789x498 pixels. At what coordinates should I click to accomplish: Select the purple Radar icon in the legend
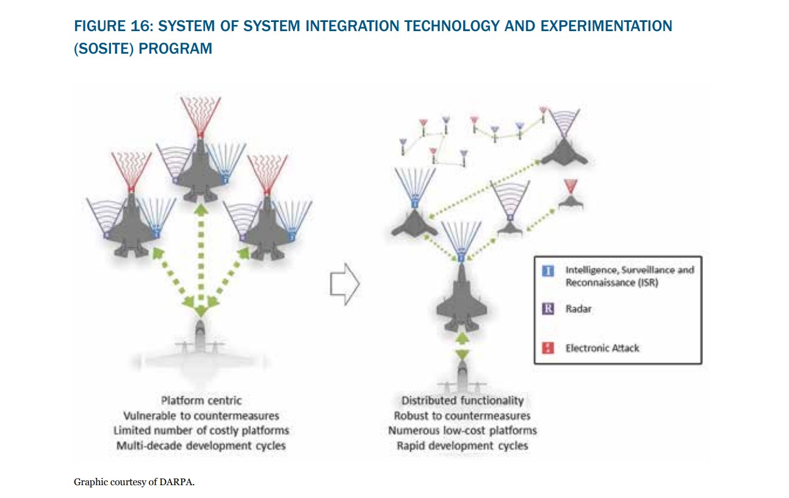tap(549, 309)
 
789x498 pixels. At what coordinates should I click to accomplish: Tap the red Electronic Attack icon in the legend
tap(549, 348)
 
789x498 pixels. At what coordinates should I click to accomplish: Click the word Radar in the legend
tap(578, 309)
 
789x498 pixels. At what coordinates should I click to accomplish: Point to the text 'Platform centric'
tap(201, 400)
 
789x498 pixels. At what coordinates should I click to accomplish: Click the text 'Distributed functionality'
tap(463, 400)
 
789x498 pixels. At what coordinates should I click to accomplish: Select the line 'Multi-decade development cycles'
tap(201, 446)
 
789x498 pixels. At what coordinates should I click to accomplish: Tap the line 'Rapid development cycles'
tap(463, 446)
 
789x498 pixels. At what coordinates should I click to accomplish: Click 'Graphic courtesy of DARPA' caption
tap(134, 482)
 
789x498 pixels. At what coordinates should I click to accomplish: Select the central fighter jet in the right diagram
tap(462, 299)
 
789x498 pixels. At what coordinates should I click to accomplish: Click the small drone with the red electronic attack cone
tap(571, 201)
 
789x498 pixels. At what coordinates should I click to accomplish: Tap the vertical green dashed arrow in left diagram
tap(201, 256)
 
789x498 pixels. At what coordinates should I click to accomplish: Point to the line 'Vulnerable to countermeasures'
tap(201, 416)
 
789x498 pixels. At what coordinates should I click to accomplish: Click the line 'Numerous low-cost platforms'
tap(463, 431)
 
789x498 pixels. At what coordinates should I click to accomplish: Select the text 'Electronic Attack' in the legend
tap(602, 348)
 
